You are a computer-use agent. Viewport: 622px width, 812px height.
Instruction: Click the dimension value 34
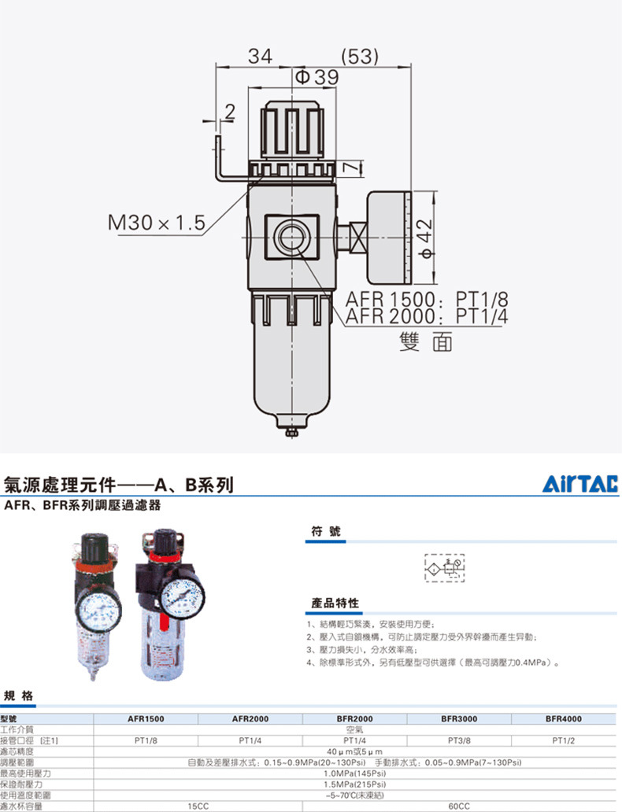coord(261,57)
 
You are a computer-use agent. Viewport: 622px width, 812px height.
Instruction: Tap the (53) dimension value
coord(361,57)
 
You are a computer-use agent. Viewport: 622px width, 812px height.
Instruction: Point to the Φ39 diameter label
coord(317,77)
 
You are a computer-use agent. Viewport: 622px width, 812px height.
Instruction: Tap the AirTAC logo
coord(581,484)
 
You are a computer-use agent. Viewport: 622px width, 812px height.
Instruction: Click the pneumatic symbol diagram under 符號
coord(444,567)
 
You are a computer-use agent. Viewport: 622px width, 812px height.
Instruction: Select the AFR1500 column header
coord(146,719)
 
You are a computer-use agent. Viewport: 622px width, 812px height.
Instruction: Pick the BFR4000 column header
coord(564,719)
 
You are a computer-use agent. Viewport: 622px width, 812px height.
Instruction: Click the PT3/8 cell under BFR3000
coord(459,740)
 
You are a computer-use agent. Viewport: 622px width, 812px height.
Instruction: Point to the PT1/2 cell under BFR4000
coord(564,740)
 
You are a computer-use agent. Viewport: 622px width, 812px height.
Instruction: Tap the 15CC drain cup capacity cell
coord(198,806)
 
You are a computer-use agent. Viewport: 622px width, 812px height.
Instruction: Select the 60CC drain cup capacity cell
coord(459,806)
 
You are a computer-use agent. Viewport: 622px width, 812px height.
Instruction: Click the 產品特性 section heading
coord(335,603)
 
